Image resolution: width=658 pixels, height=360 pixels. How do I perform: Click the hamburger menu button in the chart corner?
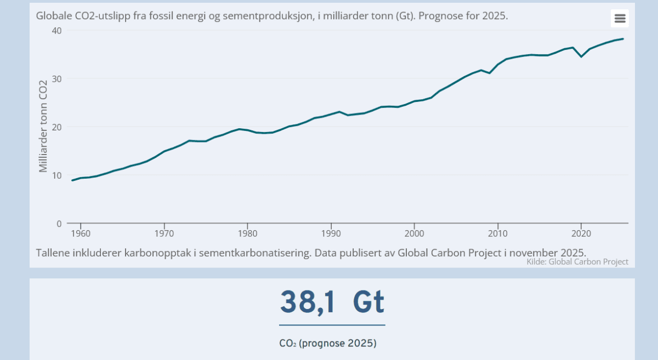[620, 19]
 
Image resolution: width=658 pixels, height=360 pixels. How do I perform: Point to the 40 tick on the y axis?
[55, 31]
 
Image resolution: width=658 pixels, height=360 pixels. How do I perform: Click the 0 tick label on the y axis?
[58, 224]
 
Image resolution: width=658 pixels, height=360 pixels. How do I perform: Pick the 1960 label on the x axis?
[81, 234]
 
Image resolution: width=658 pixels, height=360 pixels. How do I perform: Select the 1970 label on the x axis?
[164, 234]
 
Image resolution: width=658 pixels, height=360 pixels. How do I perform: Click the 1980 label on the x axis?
[247, 234]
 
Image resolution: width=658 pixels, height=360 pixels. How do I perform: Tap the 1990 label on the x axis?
[331, 234]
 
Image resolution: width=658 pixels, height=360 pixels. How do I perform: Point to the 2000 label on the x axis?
[414, 234]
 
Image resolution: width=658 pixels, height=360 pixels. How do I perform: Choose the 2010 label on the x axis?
[497, 234]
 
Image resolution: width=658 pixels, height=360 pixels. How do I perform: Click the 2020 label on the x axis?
[581, 234]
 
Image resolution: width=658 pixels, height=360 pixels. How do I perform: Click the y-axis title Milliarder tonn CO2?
[43, 127]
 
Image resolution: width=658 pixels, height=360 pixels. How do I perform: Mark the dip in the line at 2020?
[581, 56]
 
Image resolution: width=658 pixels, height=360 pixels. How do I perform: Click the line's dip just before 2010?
[490, 73]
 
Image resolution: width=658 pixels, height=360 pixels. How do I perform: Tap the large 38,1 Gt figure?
[332, 302]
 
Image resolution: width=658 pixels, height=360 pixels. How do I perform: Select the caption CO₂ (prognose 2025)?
[328, 344]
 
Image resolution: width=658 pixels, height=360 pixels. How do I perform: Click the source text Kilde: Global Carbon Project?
[577, 262]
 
